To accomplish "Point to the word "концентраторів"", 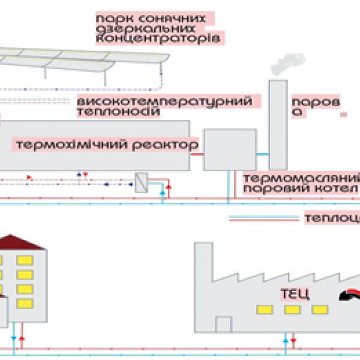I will [x=160, y=38].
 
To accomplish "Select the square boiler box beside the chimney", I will [x=221, y=149].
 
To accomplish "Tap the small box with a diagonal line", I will [x=142, y=182].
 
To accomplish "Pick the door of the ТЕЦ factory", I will [x=223, y=324].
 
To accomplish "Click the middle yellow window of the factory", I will [x=292, y=310].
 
